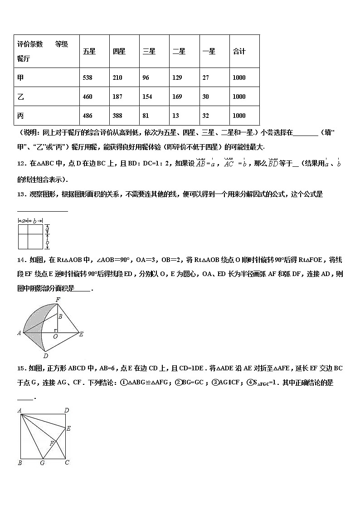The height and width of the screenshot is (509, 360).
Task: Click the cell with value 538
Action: click(x=88, y=78)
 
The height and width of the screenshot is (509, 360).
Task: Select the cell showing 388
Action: click(x=117, y=116)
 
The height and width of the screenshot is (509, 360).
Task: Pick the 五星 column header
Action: click(x=89, y=52)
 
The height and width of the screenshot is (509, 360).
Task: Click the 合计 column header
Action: click(x=239, y=52)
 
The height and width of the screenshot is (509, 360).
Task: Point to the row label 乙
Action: click(x=20, y=97)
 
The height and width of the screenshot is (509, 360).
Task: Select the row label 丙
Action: click(x=20, y=116)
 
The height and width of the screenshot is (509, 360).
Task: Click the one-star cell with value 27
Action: click(x=206, y=78)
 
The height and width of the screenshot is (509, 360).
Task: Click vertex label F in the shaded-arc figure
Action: click(x=58, y=300)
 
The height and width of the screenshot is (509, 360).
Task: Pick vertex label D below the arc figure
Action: click(x=45, y=356)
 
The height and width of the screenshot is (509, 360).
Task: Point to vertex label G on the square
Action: click(x=42, y=463)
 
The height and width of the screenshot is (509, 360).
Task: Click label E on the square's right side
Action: click(x=68, y=428)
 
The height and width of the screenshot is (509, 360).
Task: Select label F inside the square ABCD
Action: click(x=52, y=443)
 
